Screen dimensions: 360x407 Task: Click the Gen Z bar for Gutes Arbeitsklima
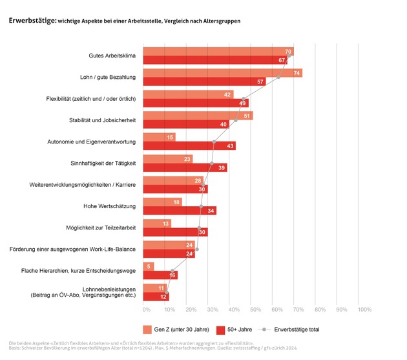click(213, 52)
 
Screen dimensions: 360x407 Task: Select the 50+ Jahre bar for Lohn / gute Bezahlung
click(200, 82)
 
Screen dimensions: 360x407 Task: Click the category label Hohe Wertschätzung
click(109, 206)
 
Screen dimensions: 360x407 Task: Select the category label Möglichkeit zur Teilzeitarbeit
click(102, 228)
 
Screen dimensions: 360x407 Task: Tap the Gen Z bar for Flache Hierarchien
click(148, 266)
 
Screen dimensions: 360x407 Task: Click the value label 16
click(172, 275)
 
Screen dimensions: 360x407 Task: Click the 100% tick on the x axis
click(364, 310)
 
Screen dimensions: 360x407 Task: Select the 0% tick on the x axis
click(147, 310)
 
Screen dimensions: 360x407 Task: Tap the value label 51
click(248, 116)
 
